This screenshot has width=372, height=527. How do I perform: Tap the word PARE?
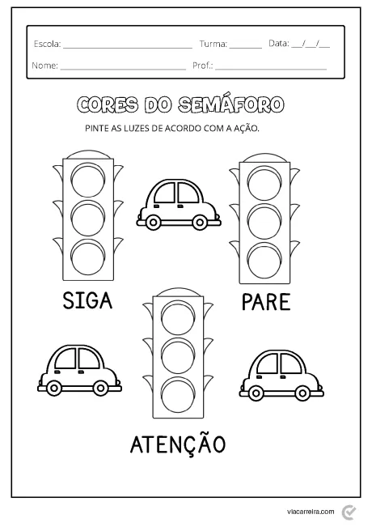point(265,303)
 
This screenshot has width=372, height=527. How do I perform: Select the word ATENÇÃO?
point(177,444)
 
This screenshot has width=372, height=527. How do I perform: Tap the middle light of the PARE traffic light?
point(262,219)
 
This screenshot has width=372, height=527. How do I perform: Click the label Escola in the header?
point(46,43)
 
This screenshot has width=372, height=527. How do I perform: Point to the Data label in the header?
point(278,43)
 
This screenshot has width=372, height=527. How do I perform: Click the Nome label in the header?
point(44,65)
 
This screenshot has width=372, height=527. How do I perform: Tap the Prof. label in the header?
point(202,65)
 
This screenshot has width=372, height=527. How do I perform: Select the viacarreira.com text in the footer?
point(311,512)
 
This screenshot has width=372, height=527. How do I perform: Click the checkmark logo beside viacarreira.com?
point(349,512)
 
